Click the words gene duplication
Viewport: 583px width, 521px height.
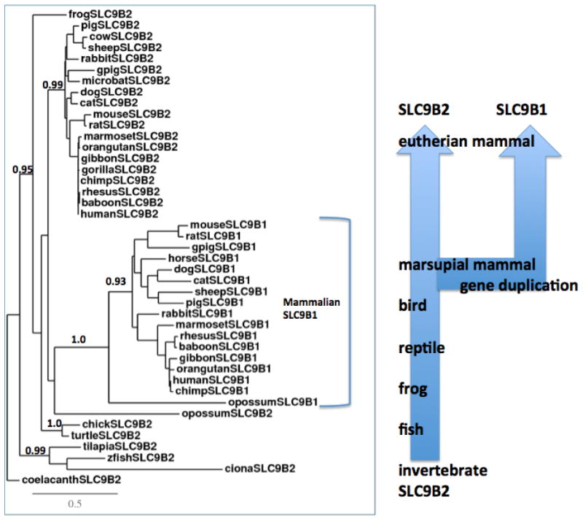click(518, 285)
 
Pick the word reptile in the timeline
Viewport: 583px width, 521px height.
click(421, 348)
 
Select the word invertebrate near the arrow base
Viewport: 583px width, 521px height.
click(442, 469)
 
